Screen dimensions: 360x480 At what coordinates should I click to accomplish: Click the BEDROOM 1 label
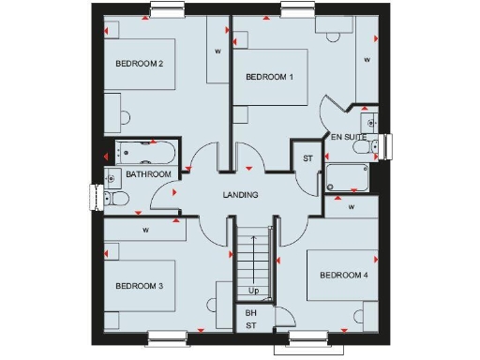(x=270, y=77)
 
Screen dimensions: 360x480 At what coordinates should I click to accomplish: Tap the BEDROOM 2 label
(x=140, y=64)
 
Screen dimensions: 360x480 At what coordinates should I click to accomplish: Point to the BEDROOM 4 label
(x=343, y=275)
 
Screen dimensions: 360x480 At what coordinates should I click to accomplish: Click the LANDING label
(x=240, y=195)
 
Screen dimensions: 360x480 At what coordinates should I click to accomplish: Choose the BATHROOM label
(x=149, y=174)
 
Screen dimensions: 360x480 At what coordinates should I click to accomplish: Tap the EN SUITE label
(x=349, y=137)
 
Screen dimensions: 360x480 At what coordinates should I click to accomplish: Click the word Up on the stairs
(x=253, y=291)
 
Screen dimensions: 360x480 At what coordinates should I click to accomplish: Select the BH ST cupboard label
(x=250, y=319)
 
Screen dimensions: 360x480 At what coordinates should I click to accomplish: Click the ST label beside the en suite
(x=307, y=158)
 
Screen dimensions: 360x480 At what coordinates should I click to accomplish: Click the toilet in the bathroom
(x=115, y=198)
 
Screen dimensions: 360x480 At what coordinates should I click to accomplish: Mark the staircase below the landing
(x=253, y=262)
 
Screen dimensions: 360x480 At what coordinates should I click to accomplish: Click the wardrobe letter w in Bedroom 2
(x=217, y=52)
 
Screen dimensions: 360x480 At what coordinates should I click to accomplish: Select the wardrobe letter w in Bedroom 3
(x=145, y=229)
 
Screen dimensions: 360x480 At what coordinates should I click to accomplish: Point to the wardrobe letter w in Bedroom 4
(x=352, y=207)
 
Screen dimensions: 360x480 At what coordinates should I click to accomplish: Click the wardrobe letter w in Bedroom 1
(x=367, y=60)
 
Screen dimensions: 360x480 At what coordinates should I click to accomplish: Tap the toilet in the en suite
(x=375, y=144)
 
